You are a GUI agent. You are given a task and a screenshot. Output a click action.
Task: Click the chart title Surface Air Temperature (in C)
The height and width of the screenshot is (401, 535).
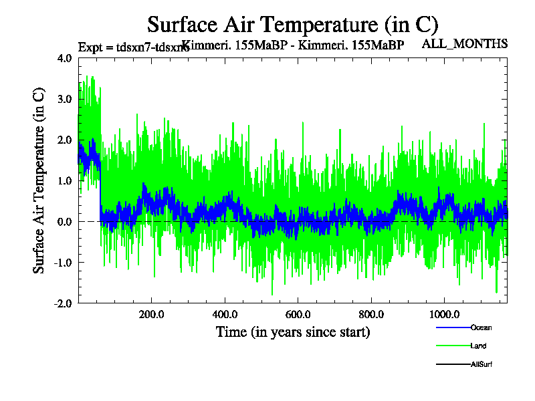click(293, 25)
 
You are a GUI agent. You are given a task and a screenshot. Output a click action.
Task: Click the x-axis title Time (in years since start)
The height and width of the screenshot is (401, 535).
click(293, 331)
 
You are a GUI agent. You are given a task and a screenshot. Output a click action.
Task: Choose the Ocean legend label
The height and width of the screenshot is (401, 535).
click(481, 327)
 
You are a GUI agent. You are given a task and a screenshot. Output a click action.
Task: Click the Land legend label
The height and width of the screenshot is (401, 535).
click(478, 346)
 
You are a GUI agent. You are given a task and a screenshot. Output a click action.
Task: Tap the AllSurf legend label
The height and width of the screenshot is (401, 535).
click(481, 364)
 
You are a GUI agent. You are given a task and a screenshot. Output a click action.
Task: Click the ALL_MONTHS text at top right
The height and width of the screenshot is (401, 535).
click(465, 44)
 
